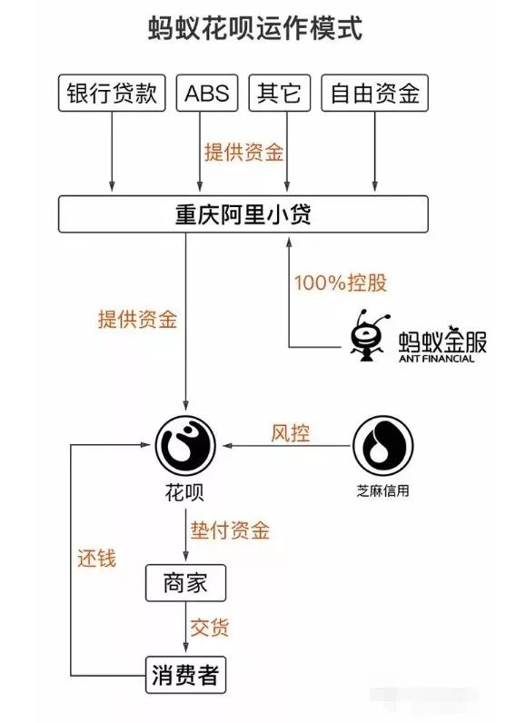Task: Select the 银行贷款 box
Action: coord(114,94)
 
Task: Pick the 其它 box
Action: coord(279,94)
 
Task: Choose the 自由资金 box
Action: coord(373,94)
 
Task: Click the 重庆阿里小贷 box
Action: coord(243,213)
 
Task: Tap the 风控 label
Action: coord(290,433)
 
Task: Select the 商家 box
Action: coord(185,582)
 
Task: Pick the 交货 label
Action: coord(209,628)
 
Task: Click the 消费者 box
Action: coord(185,676)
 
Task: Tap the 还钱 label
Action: coord(96,557)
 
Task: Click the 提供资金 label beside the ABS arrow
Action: coord(243,153)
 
